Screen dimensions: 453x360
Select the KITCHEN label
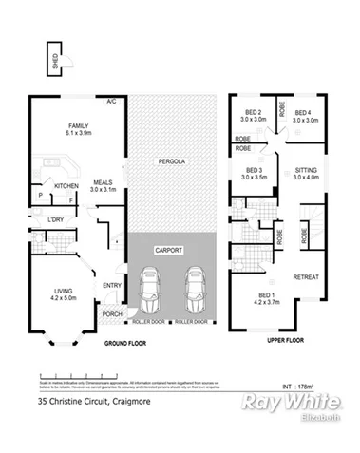coord(66,185)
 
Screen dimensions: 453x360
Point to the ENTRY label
coord(112,285)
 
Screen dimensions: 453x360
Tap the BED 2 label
coord(252,114)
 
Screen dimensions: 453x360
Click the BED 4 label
coord(304,114)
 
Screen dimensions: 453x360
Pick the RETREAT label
coord(305,277)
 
